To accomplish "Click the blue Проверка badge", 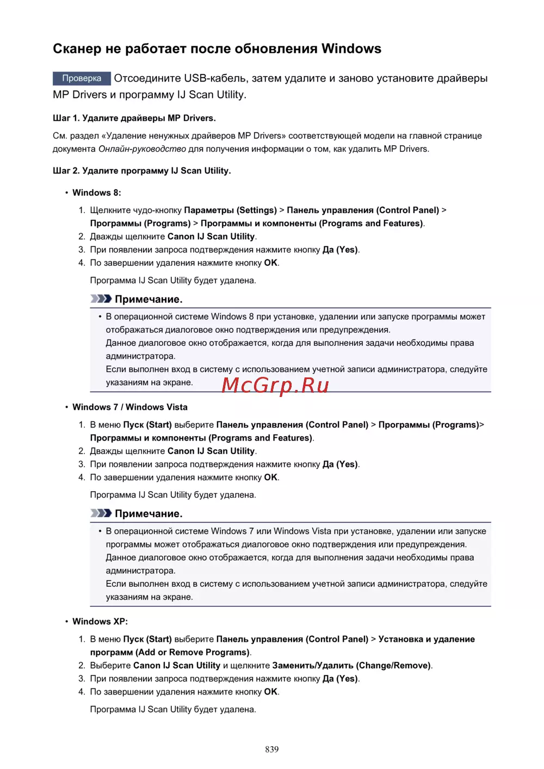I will pyautogui.click(x=82, y=78).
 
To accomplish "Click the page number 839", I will pyautogui.click(x=272, y=749).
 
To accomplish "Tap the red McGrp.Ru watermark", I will pyautogui.click(x=275, y=385).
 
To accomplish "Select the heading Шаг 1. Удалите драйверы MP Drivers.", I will pyautogui.click(x=134, y=118).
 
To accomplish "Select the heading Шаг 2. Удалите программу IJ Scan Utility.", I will pyautogui.click(x=142, y=171).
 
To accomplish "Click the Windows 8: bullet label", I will pyautogui.click(x=97, y=193).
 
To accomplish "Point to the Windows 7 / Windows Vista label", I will pyautogui.click(x=130, y=407).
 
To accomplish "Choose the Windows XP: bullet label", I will pyautogui.click(x=100, y=622).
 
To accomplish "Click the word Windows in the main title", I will pyautogui.click(x=351, y=49).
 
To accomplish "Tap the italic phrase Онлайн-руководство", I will pyautogui.click(x=142, y=149).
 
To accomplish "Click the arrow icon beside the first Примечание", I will pyautogui.click(x=101, y=299).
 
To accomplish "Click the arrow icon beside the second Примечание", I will pyautogui.click(x=101, y=513).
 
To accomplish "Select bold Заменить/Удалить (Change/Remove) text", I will pyautogui.click(x=351, y=666).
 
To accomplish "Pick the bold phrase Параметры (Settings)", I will pyautogui.click(x=230, y=210).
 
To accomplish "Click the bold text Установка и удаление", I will pyautogui.click(x=426, y=640).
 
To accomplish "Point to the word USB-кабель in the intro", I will pyautogui.click(x=216, y=78).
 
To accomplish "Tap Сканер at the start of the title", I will pyautogui.click(x=77, y=49).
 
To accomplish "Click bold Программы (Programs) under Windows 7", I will pyautogui.click(x=428, y=425).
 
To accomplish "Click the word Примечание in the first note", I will pyautogui.click(x=148, y=299).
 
